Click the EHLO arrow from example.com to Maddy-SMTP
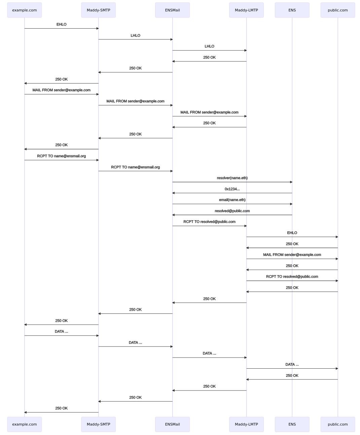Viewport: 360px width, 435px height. tap(62, 28)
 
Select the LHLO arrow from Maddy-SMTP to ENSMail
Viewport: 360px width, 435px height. tap(136, 39)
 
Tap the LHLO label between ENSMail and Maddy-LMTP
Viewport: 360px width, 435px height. tap(209, 46)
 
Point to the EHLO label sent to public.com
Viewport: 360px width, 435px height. tap(292, 233)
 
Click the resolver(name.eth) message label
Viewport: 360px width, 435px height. tap(232, 178)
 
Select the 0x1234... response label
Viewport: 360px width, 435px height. tap(232, 189)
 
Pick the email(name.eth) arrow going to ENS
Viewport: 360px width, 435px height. tap(232, 204)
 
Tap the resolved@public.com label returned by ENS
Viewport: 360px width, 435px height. tap(232, 211)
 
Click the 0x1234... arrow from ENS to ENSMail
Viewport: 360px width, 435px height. tap(232, 193)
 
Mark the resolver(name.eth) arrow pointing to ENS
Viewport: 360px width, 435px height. tap(232, 182)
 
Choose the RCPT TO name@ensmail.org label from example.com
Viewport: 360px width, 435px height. tap(62, 156)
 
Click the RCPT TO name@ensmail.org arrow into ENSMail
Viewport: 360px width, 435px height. tap(136, 171)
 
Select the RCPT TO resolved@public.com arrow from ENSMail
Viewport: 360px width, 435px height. tap(210, 226)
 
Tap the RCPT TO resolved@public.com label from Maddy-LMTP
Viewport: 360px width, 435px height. tap(292, 276)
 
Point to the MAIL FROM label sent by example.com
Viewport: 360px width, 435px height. tap(62, 90)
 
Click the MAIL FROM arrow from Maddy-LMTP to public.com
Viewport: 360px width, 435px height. tap(292, 259)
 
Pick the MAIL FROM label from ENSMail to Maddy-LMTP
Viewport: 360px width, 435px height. tap(209, 112)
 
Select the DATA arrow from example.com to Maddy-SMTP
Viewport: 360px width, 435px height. tap(62, 336)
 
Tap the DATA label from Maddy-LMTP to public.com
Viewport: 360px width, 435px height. tap(292, 364)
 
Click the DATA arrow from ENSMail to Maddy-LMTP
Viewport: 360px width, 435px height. tap(210, 358)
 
